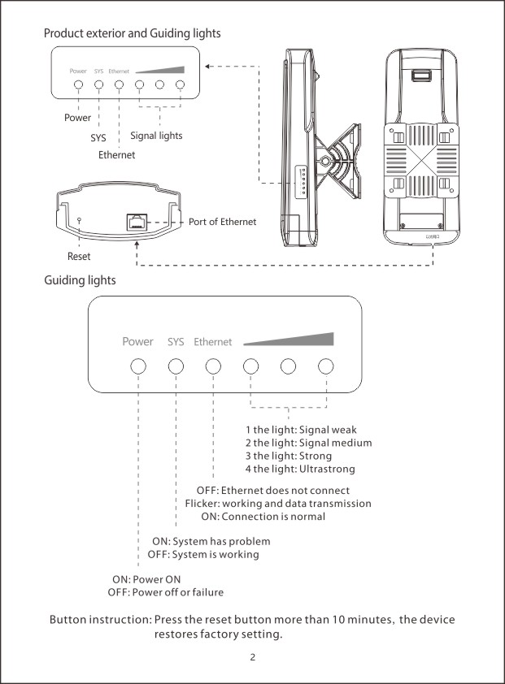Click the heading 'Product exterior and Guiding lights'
(x=132, y=34)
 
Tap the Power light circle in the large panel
(x=138, y=366)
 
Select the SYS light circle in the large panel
(x=176, y=366)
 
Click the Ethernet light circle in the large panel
(x=213, y=366)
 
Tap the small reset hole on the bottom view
(x=78, y=220)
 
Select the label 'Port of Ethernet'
(x=222, y=222)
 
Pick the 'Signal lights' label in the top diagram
(x=156, y=136)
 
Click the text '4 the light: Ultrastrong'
(x=300, y=469)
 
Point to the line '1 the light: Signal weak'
(x=301, y=429)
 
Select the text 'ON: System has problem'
(x=211, y=541)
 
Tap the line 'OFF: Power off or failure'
(x=166, y=592)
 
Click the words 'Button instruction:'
(x=100, y=620)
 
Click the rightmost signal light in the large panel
(x=325, y=366)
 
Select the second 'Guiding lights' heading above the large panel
(x=80, y=280)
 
